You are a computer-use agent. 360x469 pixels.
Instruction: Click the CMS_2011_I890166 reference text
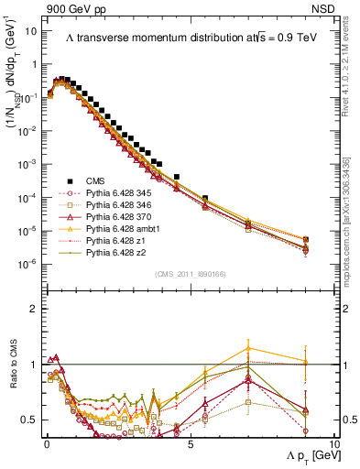click(x=191, y=273)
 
